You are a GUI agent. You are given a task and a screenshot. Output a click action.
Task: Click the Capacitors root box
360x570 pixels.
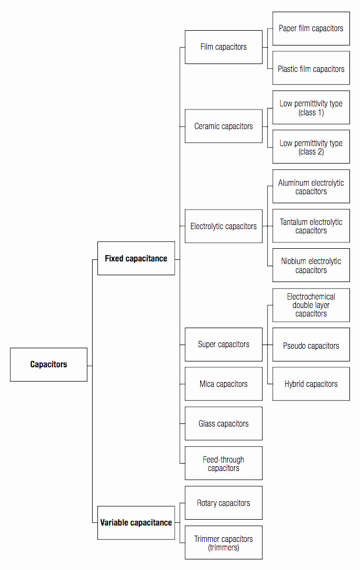(x=49, y=365)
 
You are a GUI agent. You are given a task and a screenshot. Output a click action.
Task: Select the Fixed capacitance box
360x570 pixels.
(x=136, y=258)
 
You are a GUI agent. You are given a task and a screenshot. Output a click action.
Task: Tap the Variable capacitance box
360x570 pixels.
(x=136, y=522)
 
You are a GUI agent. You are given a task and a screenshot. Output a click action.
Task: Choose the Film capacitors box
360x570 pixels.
(x=223, y=47)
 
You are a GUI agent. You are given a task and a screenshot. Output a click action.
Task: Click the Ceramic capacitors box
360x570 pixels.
(x=223, y=126)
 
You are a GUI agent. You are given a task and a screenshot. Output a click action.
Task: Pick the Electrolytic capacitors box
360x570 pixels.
(x=223, y=226)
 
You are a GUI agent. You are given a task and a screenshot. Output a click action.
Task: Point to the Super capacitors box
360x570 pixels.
(x=223, y=345)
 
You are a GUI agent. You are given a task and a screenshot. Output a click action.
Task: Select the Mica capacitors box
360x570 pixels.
(x=223, y=384)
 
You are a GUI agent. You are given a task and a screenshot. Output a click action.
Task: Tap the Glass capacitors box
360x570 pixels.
(x=223, y=423)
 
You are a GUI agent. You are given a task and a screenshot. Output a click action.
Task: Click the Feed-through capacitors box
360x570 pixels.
(x=223, y=464)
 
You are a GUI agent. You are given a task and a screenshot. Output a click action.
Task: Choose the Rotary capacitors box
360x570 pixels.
(x=223, y=503)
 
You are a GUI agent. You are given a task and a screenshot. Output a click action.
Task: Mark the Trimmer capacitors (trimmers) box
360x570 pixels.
(x=223, y=542)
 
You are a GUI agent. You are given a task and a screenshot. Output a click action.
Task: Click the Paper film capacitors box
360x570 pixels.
(x=311, y=29)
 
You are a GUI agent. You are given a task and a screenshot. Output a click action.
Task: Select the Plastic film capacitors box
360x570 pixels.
(x=311, y=68)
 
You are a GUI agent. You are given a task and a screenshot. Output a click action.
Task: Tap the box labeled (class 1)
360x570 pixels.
(x=311, y=108)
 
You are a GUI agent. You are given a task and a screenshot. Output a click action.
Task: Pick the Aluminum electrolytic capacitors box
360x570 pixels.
(x=311, y=187)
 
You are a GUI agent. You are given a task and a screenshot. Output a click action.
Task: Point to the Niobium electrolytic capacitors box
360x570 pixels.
(x=311, y=265)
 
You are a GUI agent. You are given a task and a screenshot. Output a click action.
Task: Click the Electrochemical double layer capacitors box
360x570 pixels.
(x=311, y=305)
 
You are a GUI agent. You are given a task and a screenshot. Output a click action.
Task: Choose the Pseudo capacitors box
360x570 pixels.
(x=311, y=345)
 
